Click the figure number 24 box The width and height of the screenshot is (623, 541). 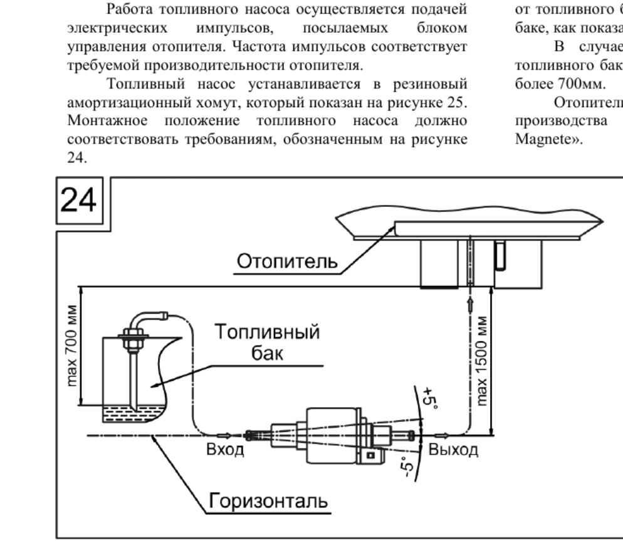click(80, 201)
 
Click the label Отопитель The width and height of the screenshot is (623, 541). click(287, 261)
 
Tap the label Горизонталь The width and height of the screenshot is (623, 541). click(268, 500)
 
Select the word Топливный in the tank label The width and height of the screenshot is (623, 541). click(267, 332)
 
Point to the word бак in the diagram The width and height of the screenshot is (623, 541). click(267, 353)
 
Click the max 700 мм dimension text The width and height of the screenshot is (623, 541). click(72, 345)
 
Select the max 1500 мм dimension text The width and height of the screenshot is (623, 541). click(481, 361)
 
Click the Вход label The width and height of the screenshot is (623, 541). click(225, 449)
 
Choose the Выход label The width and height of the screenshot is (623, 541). click(453, 450)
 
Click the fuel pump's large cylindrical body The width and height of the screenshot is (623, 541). click(333, 435)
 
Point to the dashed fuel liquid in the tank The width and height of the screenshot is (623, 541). click(133, 414)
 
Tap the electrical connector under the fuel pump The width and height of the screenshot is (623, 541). click(371, 456)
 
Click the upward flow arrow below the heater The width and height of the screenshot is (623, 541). click(471, 305)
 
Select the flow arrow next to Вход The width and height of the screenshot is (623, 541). click(224, 435)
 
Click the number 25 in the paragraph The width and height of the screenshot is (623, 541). click(456, 102)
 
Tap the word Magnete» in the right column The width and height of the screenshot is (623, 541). click(548, 139)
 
